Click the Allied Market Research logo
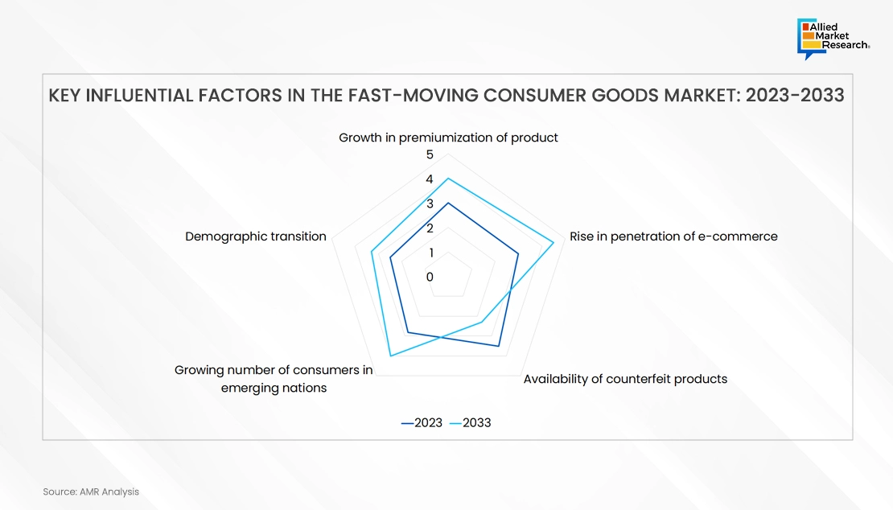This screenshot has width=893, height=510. (833, 38)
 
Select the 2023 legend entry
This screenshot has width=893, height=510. (422, 423)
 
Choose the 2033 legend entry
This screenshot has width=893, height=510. (471, 423)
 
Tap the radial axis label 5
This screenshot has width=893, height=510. (430, 154)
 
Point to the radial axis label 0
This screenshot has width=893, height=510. (430, 277)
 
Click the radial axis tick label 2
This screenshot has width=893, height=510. (430, 228)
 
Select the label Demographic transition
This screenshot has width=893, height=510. (256, 236)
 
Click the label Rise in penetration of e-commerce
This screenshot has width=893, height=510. (673, 236)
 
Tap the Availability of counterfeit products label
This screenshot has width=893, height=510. (625, 379)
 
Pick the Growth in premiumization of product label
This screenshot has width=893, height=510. (448, 138)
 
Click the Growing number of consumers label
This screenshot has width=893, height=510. (274, 379)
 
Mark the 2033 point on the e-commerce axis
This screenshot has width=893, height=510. (553, 243)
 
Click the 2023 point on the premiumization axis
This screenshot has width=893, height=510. (448, 204)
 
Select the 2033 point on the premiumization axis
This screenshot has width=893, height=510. (448, 179)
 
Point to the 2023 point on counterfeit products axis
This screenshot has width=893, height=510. (498, 346)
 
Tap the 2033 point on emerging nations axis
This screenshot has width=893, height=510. (391, 356)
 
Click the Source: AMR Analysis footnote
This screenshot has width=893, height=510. (91, 491)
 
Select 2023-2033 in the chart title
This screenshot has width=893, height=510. (795, 95)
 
